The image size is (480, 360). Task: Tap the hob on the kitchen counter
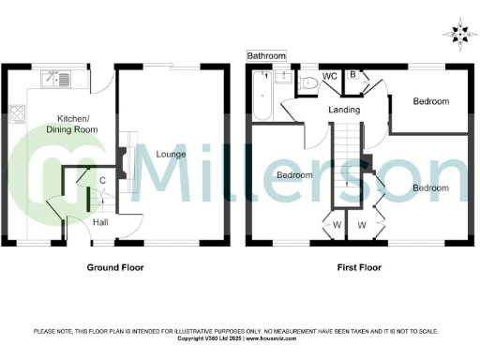coord(17,115)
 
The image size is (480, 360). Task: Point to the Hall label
coord(100,222)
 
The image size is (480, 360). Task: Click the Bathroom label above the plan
coord(266,56)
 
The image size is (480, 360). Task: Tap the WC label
coord(329,75)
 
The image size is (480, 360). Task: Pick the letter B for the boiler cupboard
coord(352,74)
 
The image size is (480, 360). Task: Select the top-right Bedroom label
coord(430,101)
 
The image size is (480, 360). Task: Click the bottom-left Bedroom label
coord(294,175)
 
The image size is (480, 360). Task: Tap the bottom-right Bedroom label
coord(430,187)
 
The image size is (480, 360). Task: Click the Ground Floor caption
coord(116,267)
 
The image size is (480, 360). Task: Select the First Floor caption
coord(359,267)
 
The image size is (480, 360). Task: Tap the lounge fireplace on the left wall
coord(122,165)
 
